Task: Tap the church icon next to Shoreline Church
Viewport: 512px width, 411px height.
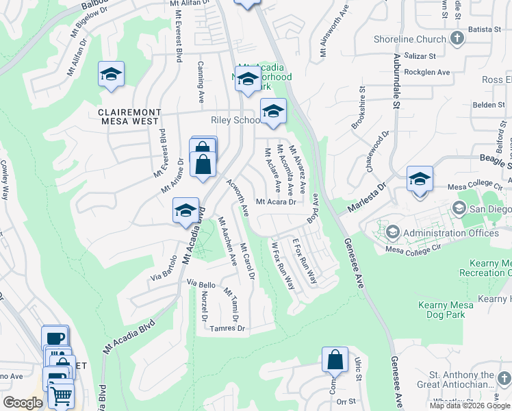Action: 457,39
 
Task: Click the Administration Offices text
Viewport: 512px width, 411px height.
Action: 451,233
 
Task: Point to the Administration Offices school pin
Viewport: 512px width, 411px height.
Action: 394,233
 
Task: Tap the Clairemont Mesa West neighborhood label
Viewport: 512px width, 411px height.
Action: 129,118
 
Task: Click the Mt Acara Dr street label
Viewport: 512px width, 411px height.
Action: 276,202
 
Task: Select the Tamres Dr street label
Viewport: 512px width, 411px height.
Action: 229,329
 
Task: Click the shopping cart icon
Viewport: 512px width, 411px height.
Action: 62,395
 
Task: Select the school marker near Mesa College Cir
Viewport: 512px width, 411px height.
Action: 420,179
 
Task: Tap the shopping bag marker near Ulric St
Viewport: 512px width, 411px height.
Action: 335,359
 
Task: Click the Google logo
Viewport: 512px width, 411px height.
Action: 23,403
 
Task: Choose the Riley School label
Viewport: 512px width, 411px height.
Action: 236,120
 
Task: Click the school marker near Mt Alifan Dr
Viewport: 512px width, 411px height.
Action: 110,75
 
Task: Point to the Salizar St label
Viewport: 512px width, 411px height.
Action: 420,55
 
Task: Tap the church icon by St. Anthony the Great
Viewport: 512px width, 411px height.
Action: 504,379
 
